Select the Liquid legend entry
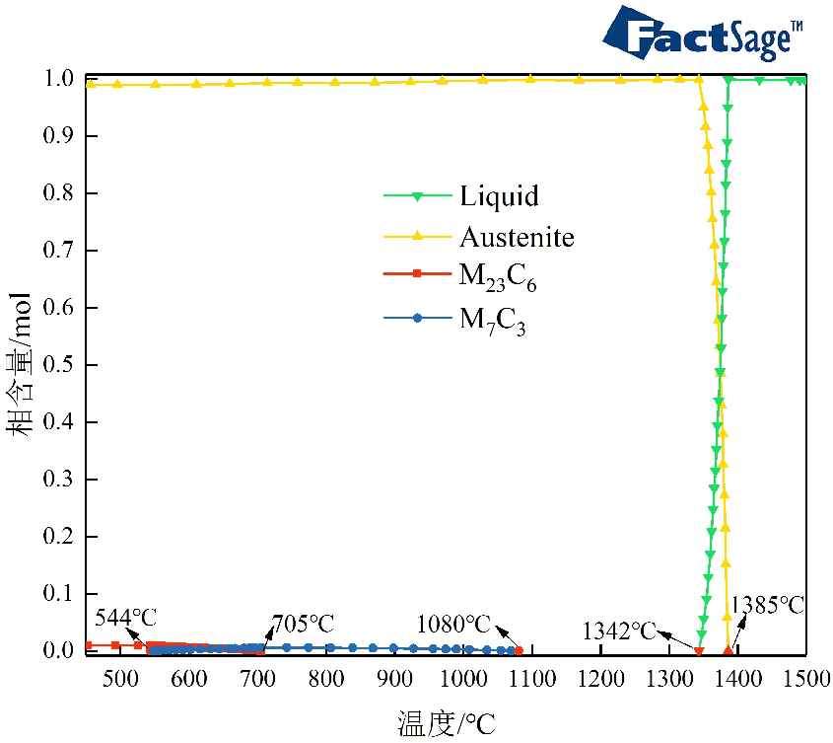click(x=499, y=195)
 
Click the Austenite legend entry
click(x=516, y=237)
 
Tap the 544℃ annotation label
click(x=126, y=618)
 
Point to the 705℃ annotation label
click(x=303, y=624)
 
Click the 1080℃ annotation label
click(x=453, y=625)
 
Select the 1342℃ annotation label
click(x=619, y=631)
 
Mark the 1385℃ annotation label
click(x=767, y=605)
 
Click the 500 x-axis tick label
click(x=119, y=678)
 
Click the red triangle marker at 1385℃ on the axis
click(x=729, y=650)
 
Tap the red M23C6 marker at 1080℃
click(x=519, y=650)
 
